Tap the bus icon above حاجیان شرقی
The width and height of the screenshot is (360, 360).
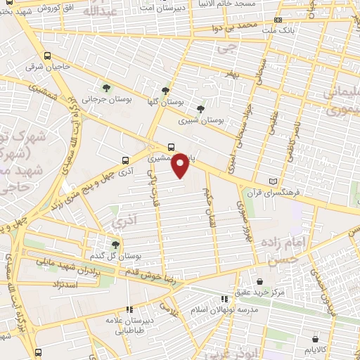[x=47, y=56]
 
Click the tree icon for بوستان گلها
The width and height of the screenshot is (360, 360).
[x=165, y=90]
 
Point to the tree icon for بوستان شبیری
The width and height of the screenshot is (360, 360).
[x=201, y=108]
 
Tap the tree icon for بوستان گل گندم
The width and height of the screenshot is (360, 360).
[x=115, y=244]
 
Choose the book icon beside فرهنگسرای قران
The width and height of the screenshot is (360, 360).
[x=283, y=181]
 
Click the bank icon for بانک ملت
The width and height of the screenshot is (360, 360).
[x=278, y=20]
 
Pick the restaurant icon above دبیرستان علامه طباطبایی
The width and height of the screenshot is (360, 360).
[x=129, y=309]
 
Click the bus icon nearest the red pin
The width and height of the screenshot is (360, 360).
[x=172, y=147]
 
